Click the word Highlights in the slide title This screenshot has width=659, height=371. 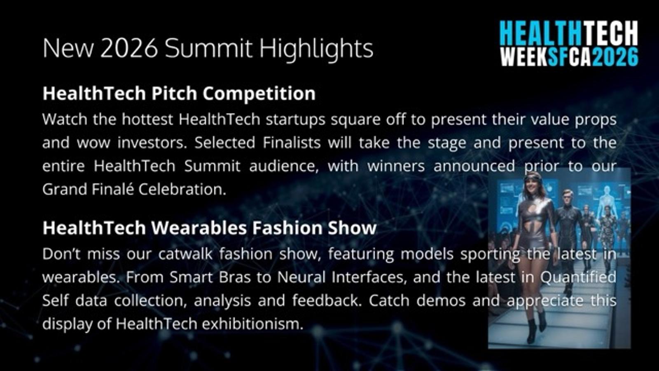click(x=316, y=49)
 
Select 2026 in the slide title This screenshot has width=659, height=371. click(x=129, y=48)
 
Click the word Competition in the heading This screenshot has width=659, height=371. click(x=259, y=94)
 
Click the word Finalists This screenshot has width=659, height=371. click(x=292, y=143)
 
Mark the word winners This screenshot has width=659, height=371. click(x=396, y=167)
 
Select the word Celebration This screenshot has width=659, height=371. click(x=182, y=189)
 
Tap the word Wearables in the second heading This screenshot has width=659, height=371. click(x=199, y=228)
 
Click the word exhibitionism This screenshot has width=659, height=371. click(x=252, y=324)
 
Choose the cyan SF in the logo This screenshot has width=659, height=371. click(x=558, y=56)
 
